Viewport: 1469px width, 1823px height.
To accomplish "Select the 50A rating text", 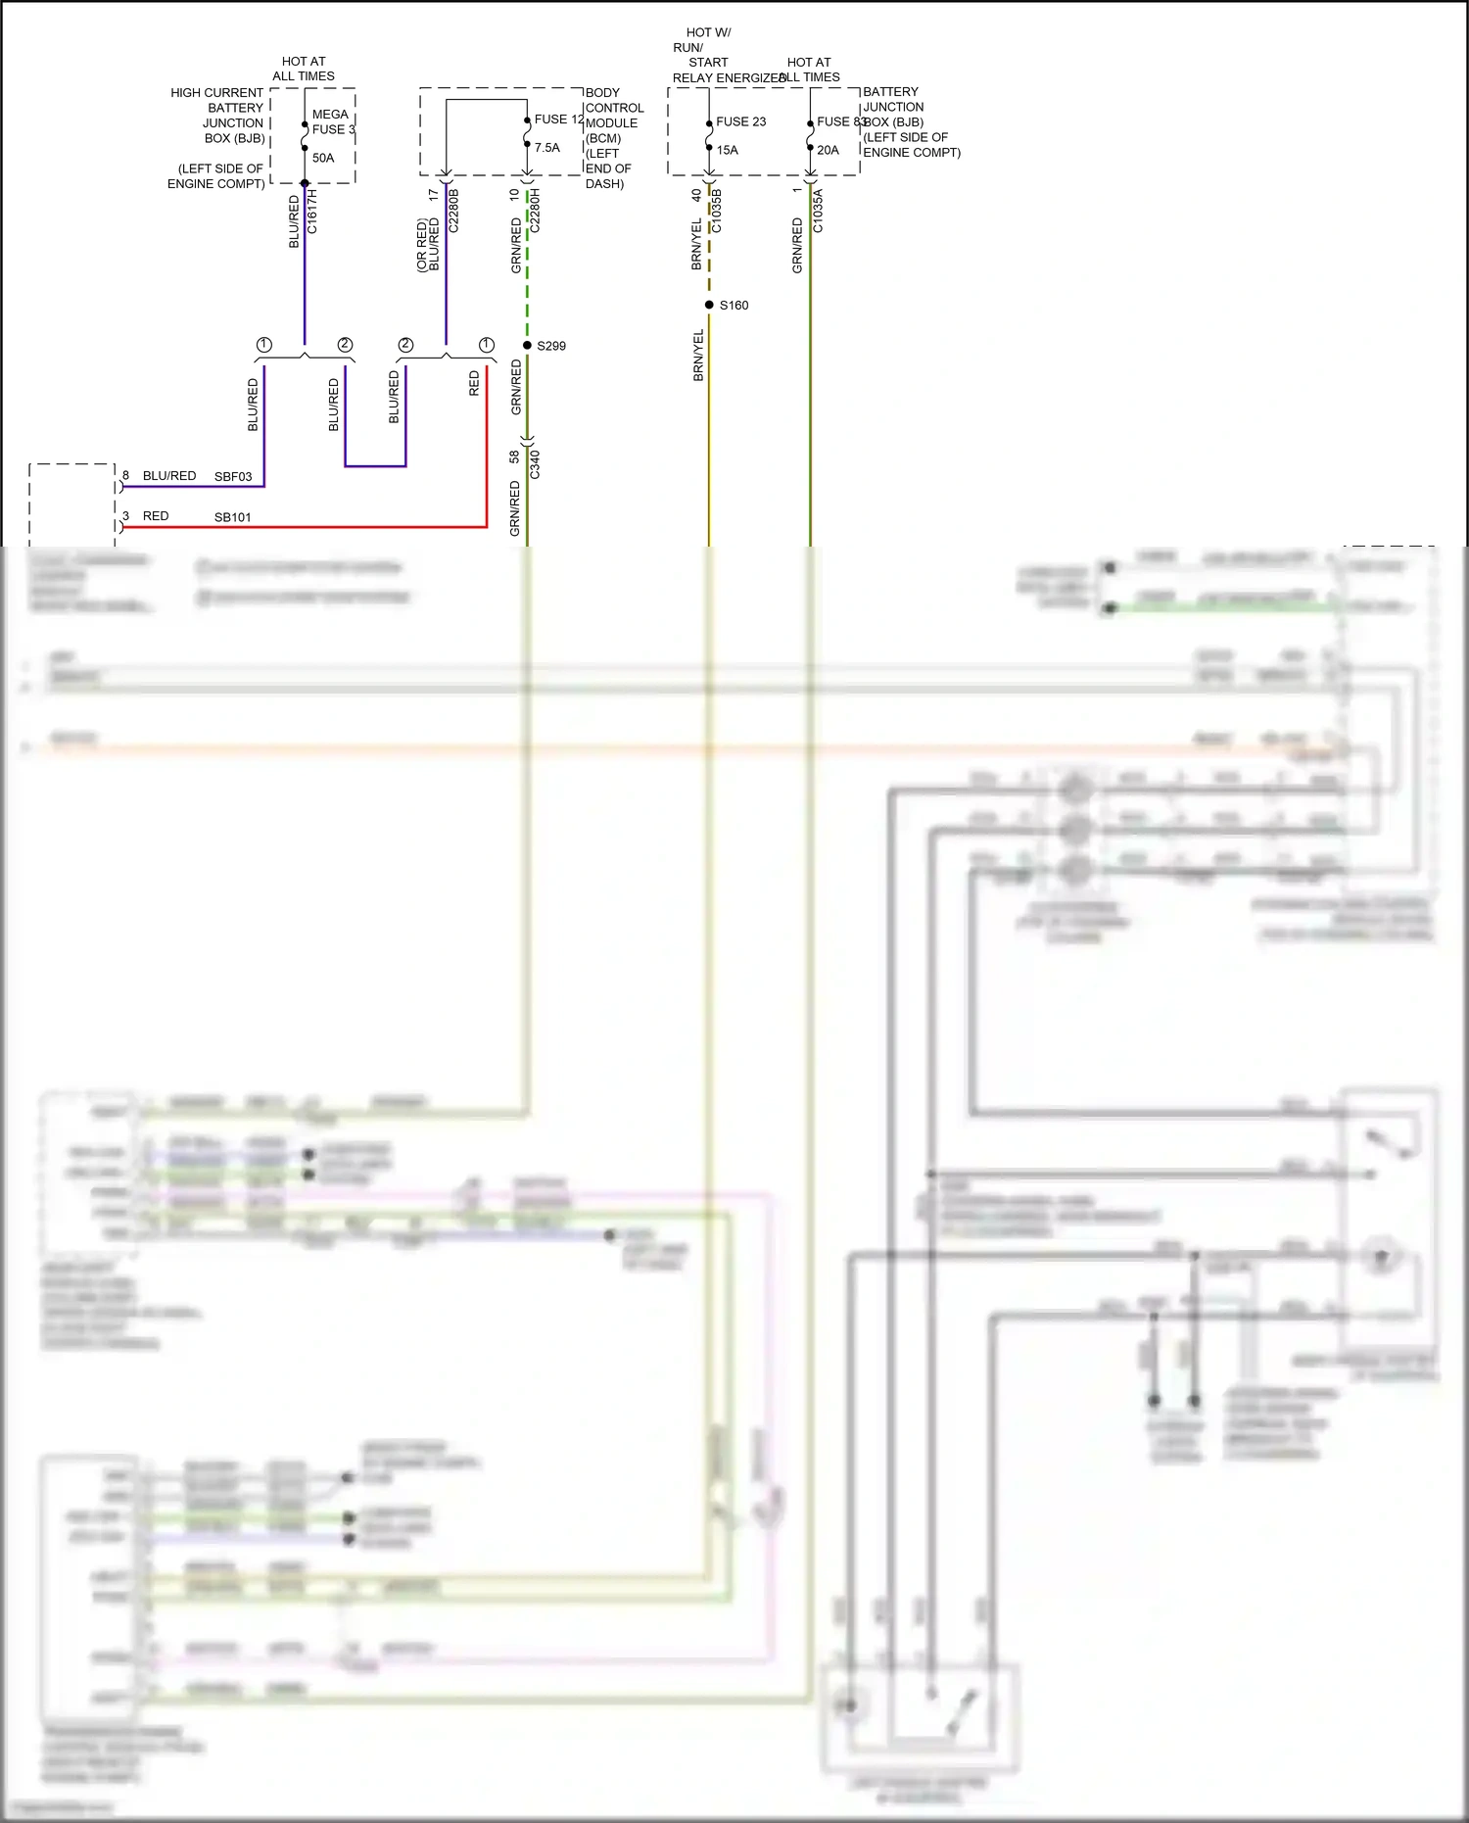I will tap(323, 158).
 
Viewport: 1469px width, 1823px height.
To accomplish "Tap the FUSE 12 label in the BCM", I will tap(558, 120).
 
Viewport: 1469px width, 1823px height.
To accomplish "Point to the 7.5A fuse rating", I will tap(547, 148).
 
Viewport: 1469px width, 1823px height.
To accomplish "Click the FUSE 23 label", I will tap(740, 121).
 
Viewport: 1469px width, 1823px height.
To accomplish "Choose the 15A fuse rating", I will tap(728, 150).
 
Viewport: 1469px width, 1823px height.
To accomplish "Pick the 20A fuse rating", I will tap(828, 150).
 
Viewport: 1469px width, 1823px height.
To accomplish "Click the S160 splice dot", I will tap(709, 305).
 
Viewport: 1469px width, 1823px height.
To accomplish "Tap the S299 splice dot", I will tap(527, 345).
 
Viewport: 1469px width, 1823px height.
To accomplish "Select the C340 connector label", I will tap(535, 463).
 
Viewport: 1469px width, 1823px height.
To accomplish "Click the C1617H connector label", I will tap(312, 212).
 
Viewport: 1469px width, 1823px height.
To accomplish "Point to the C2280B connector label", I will tap(453, 211).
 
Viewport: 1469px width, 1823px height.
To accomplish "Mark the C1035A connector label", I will tap(818, 212).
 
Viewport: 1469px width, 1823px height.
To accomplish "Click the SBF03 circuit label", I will tap(233, 477).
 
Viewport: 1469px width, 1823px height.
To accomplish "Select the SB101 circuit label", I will tap(233, 517).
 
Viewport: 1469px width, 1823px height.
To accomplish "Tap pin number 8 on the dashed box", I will tap(125, 475).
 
